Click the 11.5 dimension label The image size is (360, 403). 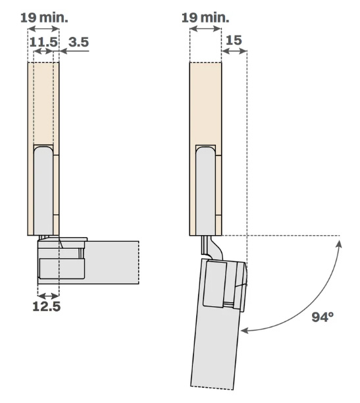tap(43, 42)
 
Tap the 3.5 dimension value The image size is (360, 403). tap(78, 42)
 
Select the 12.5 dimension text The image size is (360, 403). tap(47, 306)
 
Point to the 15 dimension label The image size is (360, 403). tap(234, 40)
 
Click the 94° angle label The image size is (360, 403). tap(322, 317)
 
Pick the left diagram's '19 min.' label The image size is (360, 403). tap(44, 18)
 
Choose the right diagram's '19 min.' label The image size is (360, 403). tap(205, 18)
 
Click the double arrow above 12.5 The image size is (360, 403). tap(48, 296)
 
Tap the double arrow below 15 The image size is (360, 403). tap(234, 51)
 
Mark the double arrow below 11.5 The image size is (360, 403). tap(43, 51)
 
